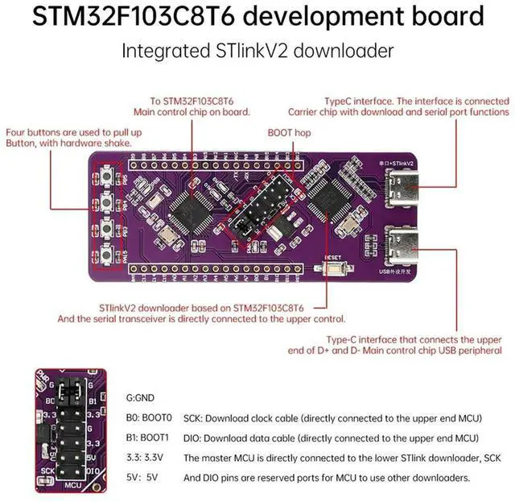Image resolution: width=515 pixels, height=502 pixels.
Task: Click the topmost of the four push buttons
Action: click(107, 175)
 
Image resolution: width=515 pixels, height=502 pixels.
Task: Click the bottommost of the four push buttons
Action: click(107, 256)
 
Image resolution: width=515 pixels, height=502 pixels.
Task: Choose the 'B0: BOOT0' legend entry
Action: click(149, 418)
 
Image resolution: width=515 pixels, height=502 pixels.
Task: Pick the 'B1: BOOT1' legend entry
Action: click(149, 438)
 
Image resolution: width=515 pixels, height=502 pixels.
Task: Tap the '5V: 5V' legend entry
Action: click(143, 477)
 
